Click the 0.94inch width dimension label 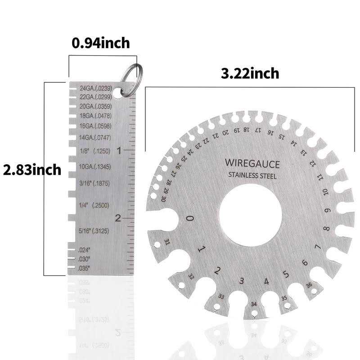(x=101, y=43)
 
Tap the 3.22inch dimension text (x=250, y=73)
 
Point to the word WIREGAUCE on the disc (x=252, y=163)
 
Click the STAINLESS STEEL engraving (x=252, y=175)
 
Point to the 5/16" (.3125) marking (x=94, y=231)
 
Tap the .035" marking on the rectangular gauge (x=84, y=268)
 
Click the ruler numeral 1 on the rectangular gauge (x=119, y=151)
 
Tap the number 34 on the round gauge (x=254, y=305)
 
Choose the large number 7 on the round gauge (x=318, y=247)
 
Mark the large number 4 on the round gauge (x=266, y=282)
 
